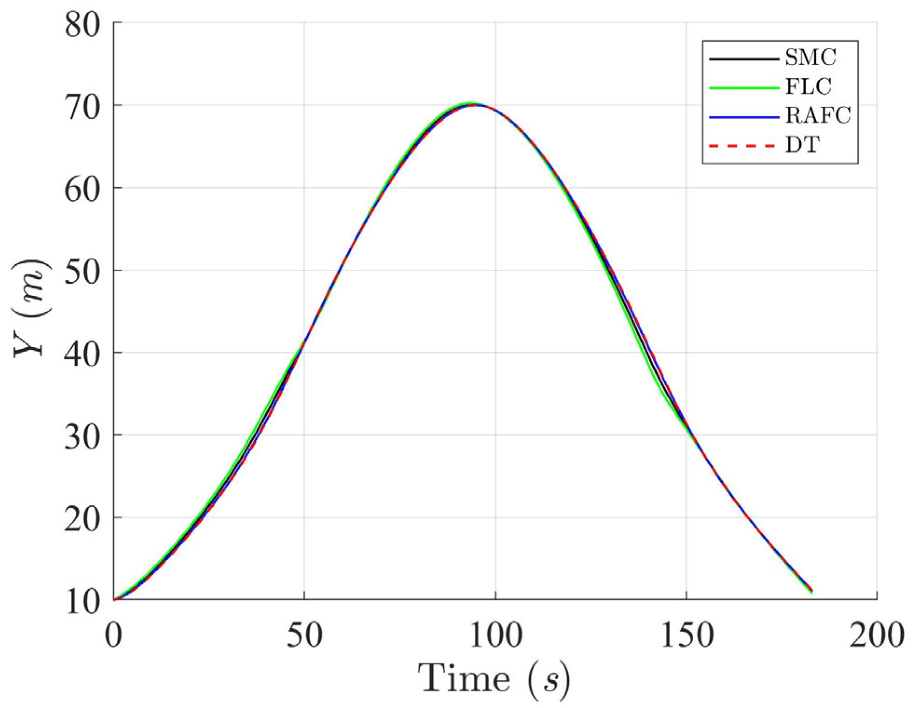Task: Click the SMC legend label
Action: pyautogui.click(x=811, y=58)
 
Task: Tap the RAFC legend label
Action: pyautogui.click(x=818, y=116)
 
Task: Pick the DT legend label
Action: pyautogui.click(x=802, y=145)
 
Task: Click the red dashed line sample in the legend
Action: pyautogui.click(x=743, y=146)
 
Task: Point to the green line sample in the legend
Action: pyautogui.click(x=743, y=87)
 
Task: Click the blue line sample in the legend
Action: pyautogui.click(x=743, y=116)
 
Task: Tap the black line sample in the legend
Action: pyautogui.click(x=743, y=59)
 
